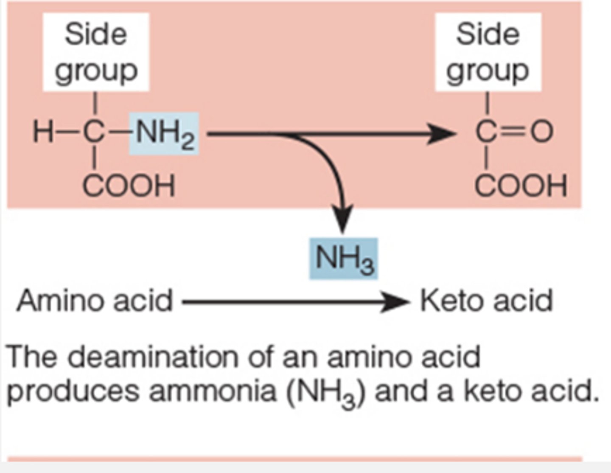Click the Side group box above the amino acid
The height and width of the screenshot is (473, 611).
[96, 52]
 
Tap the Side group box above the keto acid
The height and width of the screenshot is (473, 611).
[488, 52]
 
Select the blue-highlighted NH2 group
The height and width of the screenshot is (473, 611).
[164, 133]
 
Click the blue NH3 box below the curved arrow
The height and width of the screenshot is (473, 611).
[343, 259]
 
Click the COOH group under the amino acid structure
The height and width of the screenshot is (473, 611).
[128, 186]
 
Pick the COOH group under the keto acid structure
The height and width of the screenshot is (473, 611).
[521, 186]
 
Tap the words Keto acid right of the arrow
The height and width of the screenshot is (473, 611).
[486, 301]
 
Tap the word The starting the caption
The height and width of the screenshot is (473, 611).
[32, 357]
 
